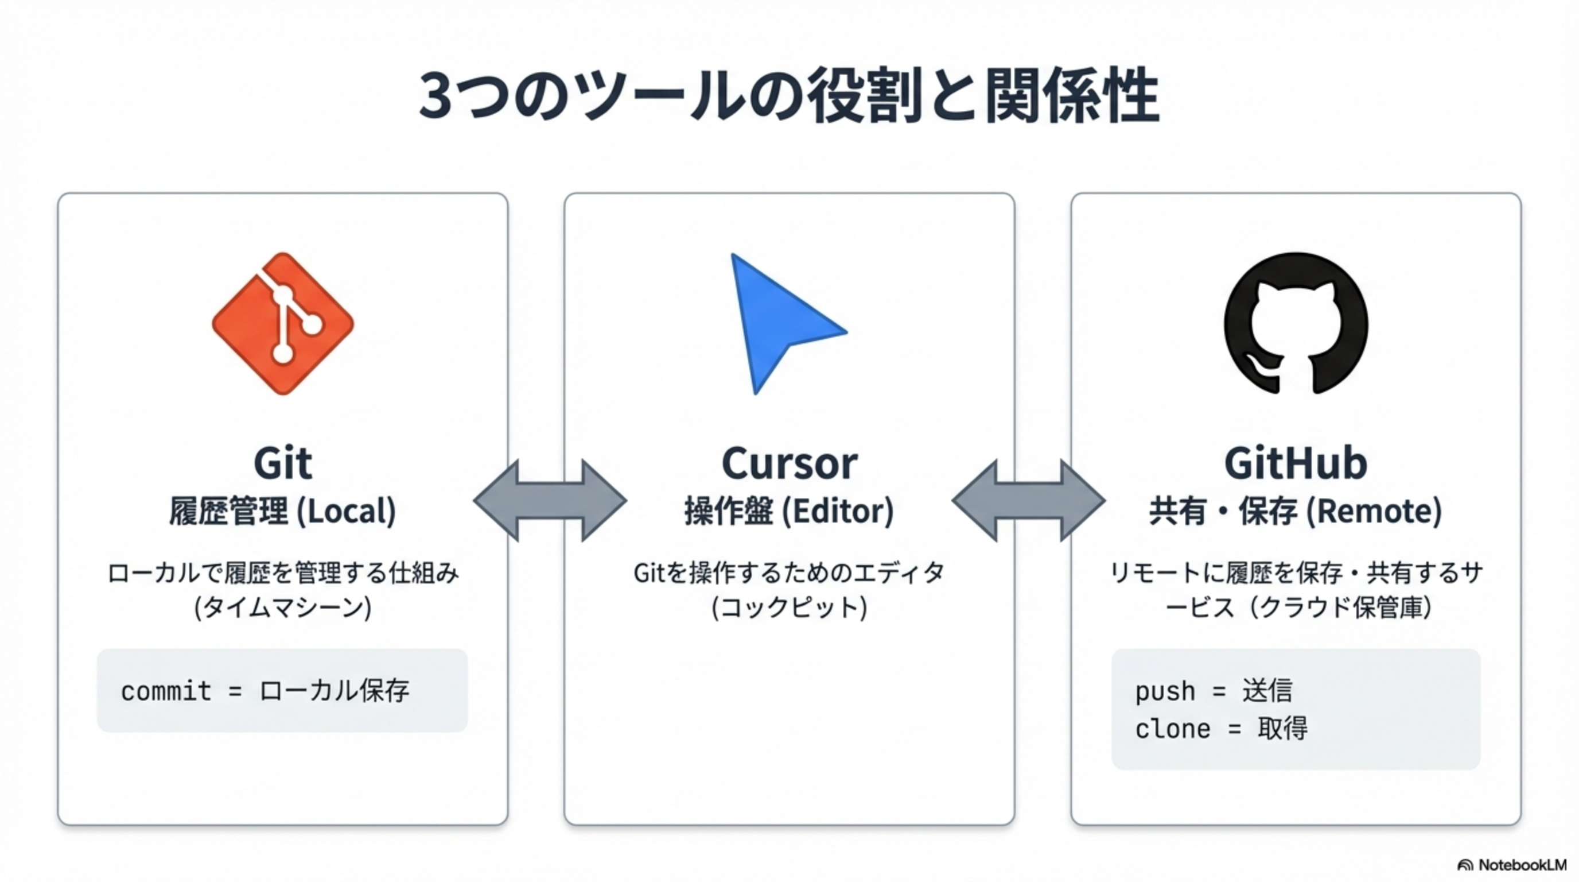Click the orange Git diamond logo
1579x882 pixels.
[x=282, y=323]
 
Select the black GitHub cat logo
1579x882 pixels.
[x=1296, y=323]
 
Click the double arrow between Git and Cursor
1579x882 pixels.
[x=550, y=501]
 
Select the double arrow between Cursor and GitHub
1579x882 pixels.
[x=1029, y=501]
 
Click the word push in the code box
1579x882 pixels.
[x=1165, y=691]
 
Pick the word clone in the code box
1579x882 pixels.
[x=1173, y=729]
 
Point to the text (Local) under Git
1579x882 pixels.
[x=347, y=512]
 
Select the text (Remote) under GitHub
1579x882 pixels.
[x=1374, y=512]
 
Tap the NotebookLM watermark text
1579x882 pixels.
[x=1522, y=865]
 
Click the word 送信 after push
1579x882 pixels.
[x=1267, y=691]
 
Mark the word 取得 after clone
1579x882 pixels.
[x=1282, y=729]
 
